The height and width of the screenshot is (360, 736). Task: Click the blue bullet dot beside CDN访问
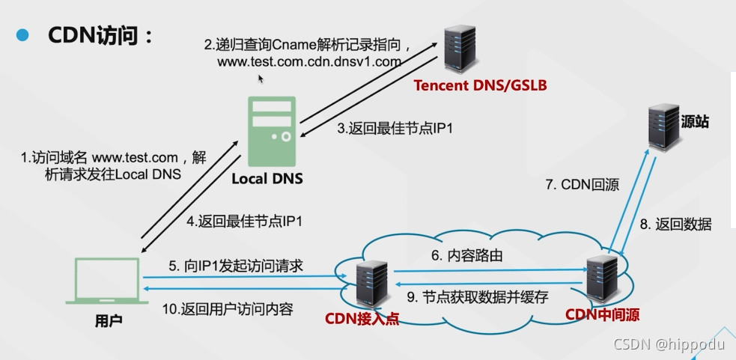(x=22, y=35)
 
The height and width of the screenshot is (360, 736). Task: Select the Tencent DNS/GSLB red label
(x=481, y=86)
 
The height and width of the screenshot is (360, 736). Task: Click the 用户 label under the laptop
(x=109, y=321)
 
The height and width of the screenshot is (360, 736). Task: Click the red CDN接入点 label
(x=362, y=318)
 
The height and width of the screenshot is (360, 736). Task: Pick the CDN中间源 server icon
(x=603, y=278)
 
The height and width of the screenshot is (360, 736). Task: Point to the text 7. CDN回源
(x=580, y=185)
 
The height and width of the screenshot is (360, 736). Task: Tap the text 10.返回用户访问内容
(x=227, y=308)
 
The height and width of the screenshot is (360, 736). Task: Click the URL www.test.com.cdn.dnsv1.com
(x=309, y=62)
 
